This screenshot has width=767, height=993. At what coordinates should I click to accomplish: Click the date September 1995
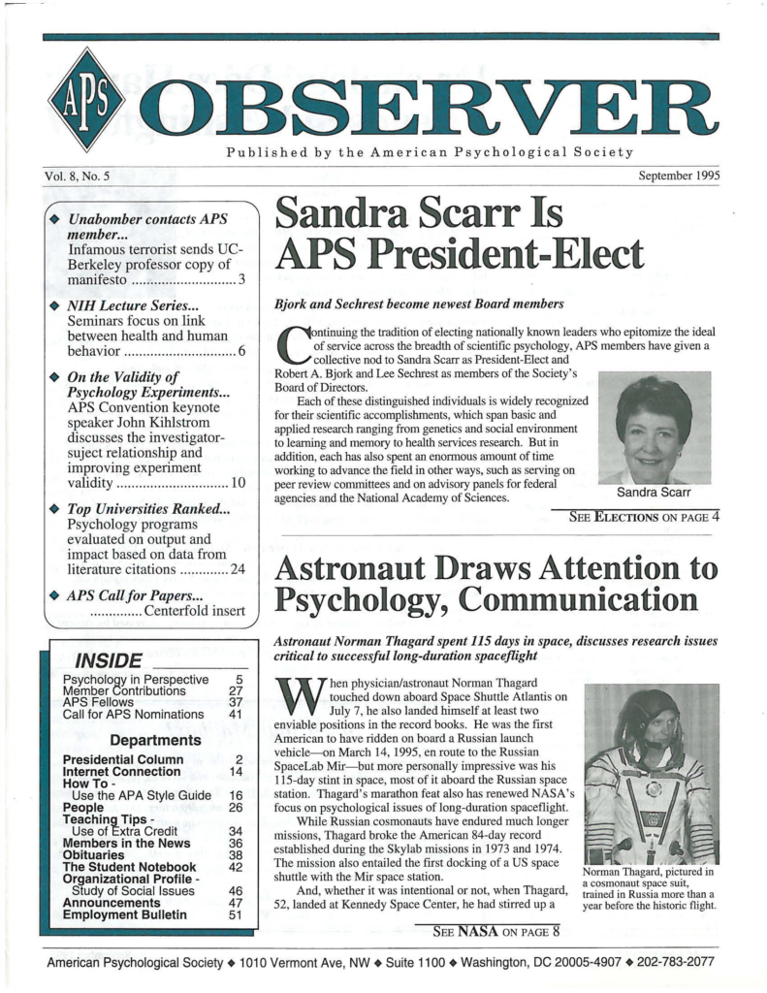pos(678,176)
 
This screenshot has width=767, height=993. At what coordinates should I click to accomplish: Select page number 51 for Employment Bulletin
pos(232,914)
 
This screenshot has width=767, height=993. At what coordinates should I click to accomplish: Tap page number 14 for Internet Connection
pos(232,771)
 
